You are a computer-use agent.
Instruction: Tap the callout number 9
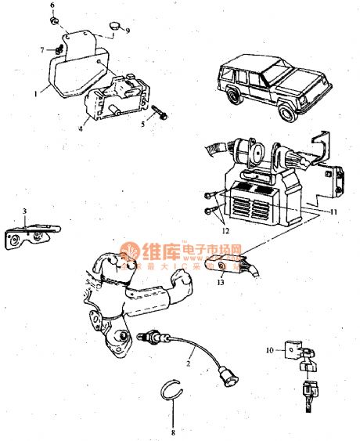[x=128, y=31]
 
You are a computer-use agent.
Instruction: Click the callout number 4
[x=81, y=128]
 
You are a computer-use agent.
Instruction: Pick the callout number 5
[x=143, y=124]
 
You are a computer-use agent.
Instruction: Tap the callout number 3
[x=25, y=211]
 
